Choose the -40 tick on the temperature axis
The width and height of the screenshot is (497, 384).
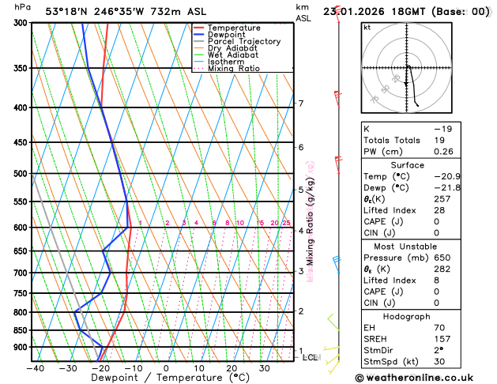[35, 368]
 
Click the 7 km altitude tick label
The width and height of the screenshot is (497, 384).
[300, 104]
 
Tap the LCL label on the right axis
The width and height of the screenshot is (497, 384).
[311, 357]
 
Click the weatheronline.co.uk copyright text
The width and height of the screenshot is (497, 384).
[423, 378]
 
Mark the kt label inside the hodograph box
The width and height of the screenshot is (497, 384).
[367, 27]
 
